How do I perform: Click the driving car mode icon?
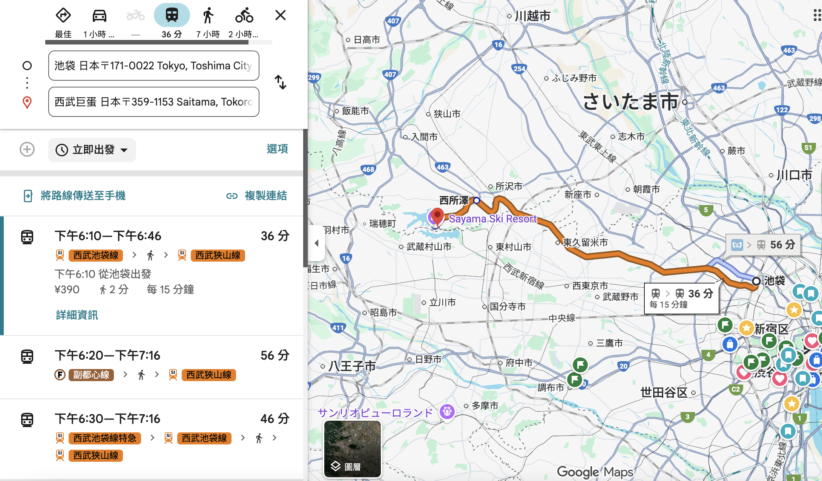pos(100,16)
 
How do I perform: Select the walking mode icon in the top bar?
pos(208,16)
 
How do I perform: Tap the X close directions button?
pos(280,15)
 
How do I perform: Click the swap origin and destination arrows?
pos(280,82)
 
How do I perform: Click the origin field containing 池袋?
pos(153,66)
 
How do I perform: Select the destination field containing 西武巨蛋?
pos(153,102)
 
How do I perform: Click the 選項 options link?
pos(277,149)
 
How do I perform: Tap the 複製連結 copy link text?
pos(265,196)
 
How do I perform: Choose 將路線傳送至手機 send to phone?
pos(83,196)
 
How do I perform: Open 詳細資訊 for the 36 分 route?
pos(77,315)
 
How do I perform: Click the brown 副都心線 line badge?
pos(91,375)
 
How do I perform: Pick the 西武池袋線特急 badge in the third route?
pos(104,438)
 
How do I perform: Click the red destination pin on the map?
pos(437,216)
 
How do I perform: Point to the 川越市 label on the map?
pos(532,16)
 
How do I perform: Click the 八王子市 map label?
pos(352,366)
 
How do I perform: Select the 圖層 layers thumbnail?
pos(352,449)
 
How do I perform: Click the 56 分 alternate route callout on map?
pos(763,245)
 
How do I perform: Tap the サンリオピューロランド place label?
pos(375,413)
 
